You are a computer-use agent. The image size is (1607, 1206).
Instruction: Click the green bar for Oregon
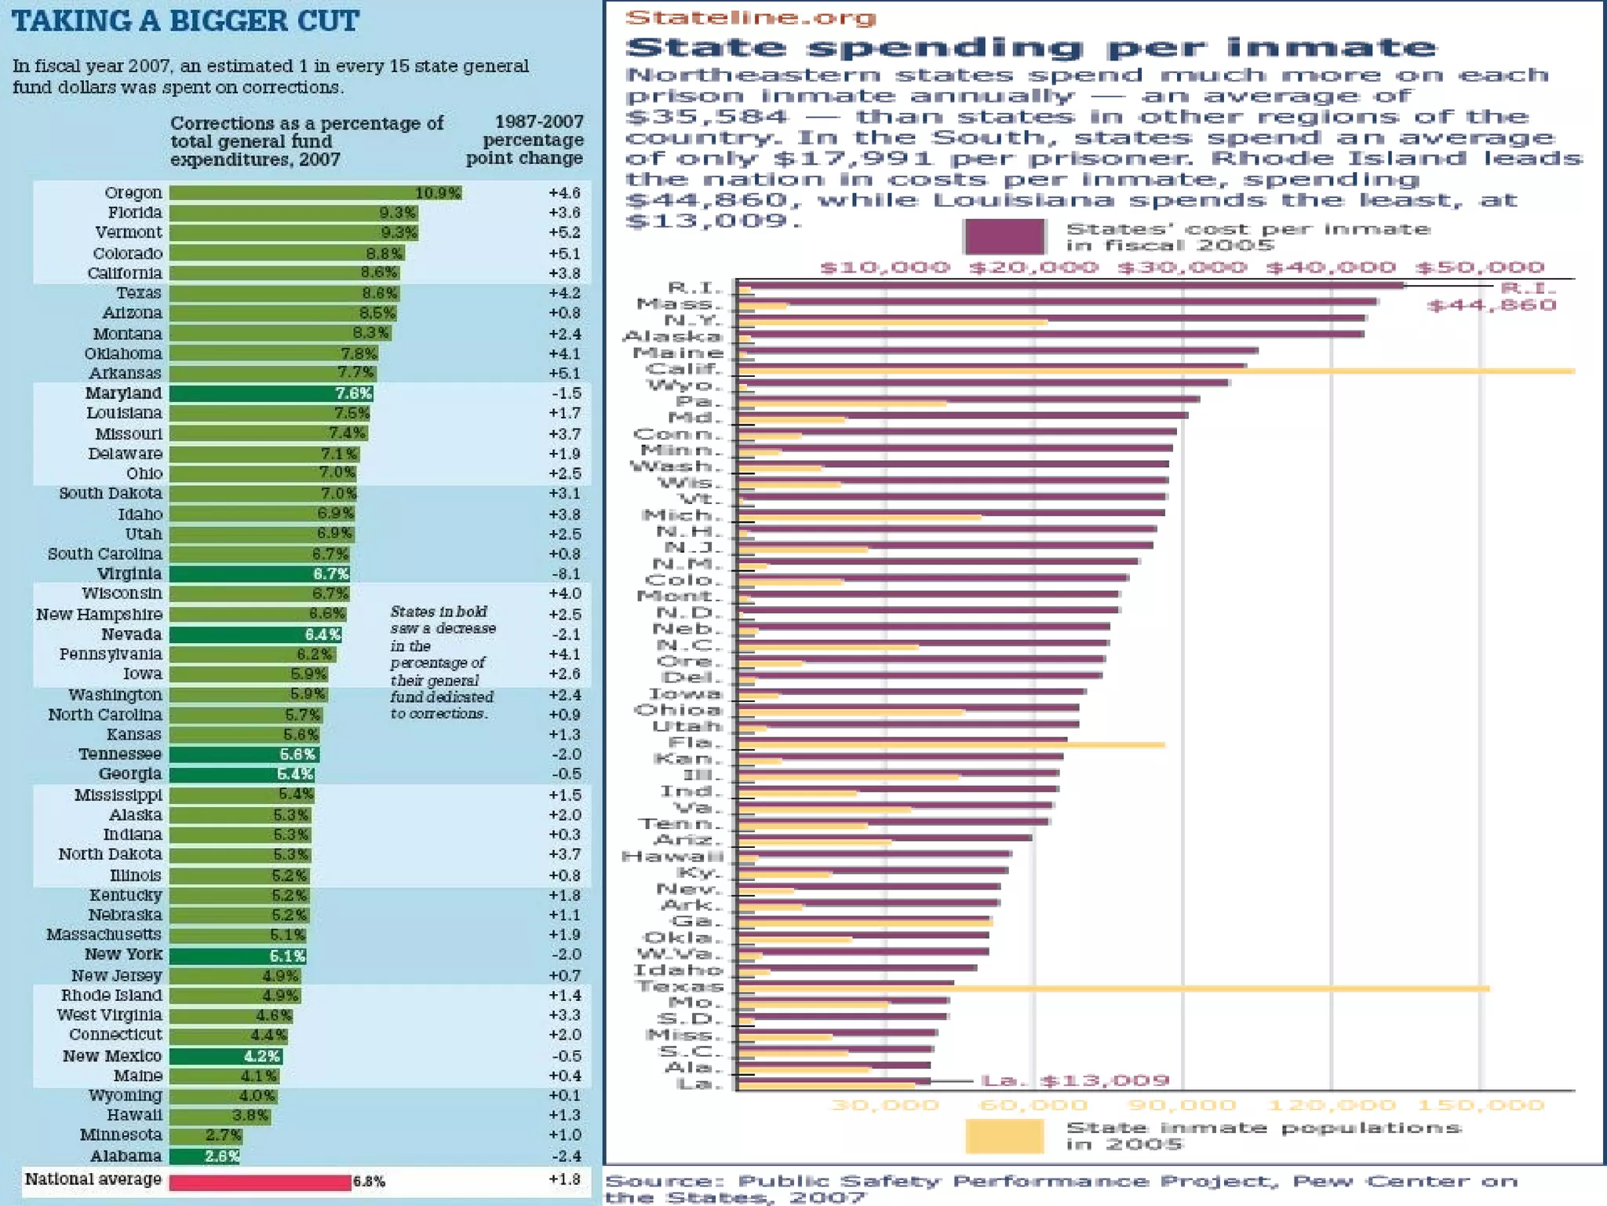(314, 193)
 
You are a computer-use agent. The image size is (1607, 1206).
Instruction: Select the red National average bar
(260, 1182)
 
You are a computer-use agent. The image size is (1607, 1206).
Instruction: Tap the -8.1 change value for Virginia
(565, 574)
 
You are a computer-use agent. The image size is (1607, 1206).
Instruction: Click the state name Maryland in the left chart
(123, 393)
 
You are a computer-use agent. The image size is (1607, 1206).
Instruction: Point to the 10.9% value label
(438, 193)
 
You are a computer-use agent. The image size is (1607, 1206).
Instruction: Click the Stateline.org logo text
(750, 17)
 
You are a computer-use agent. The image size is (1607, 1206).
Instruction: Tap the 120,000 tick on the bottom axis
(1332, 1105)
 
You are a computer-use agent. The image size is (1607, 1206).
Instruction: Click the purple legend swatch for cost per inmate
(1004, 236)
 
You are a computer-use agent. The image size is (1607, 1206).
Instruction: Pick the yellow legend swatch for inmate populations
(1004, 1136)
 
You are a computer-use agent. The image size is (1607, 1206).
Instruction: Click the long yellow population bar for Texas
(1114, 989)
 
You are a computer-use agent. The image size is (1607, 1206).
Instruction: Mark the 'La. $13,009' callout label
(1075, 1081)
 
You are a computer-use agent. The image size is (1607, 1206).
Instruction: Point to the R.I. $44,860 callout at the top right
(1491, 297)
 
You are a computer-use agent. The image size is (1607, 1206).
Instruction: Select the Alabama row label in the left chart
(126, 1156)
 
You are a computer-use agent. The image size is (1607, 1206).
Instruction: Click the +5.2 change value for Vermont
(565, 232)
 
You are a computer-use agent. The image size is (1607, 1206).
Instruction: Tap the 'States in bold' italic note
(443, 662)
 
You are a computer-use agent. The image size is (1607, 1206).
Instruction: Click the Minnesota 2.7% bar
(206, 1135)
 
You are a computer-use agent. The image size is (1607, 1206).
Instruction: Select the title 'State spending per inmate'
(1031, 47)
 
